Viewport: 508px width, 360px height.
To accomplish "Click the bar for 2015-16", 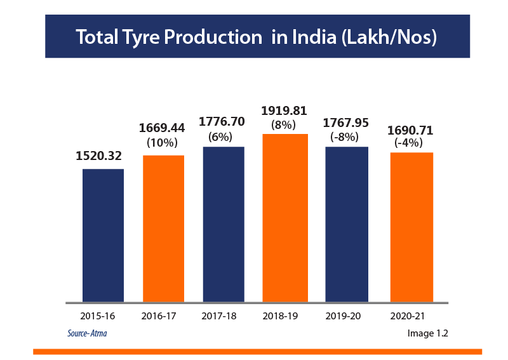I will point(103,235).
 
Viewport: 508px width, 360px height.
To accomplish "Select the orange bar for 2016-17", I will point(163,229).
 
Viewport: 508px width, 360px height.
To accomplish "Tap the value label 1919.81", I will point(284,112).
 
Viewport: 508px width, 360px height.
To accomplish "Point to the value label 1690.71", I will point(410,131).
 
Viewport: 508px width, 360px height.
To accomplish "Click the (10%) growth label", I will point(162,142).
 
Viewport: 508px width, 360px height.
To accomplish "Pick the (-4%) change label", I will point(409,143).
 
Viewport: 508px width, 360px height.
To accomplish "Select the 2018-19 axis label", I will point(280,315).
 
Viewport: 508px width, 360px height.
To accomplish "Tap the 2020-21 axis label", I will point(406,315).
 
